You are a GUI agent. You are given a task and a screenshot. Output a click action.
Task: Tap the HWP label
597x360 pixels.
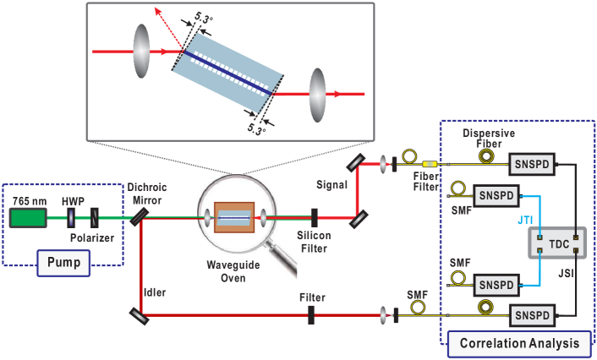coord(72,201)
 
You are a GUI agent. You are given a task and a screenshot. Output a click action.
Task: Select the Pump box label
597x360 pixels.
coord(63,263)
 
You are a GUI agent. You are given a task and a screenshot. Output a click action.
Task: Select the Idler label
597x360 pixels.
coord(155,292)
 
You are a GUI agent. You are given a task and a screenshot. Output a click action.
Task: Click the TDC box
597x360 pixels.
coord(558,243)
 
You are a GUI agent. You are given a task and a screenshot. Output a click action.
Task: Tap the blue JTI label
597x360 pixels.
coord(524,221)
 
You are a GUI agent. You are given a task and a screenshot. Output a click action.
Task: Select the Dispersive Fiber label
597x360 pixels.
coord(488,139)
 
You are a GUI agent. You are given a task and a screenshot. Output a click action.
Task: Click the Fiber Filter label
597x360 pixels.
coord(426,181)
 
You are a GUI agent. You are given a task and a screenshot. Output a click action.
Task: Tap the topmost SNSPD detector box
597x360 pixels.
coord(529,164)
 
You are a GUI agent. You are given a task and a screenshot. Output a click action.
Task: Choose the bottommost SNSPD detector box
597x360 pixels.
coord(531,316)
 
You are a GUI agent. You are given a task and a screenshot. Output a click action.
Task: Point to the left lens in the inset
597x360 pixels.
coord(141,51)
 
